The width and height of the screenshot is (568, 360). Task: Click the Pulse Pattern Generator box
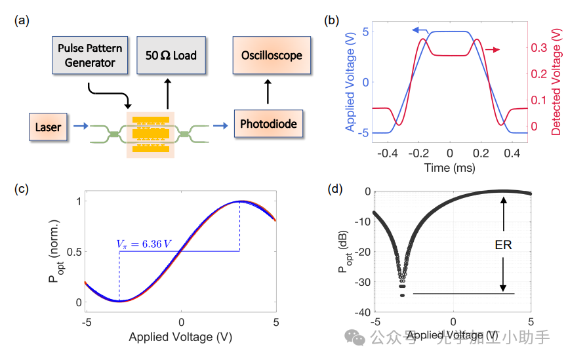(86, 56)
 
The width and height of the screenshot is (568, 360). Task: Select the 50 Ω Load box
(171, 56)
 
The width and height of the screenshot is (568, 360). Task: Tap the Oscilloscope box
(272, 56)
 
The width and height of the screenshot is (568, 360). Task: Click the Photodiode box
(268, 123)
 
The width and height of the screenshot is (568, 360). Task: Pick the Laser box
(49, 127)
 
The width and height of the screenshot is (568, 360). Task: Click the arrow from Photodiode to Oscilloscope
(268, 92)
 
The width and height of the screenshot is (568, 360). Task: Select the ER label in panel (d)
(504, 244)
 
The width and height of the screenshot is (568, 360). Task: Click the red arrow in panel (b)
(493, 50)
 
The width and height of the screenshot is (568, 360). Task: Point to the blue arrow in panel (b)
(420, 30)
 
